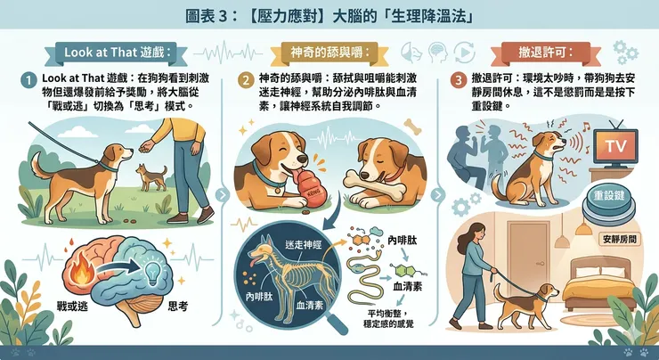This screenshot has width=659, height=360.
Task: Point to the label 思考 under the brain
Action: click(x=180, y=305)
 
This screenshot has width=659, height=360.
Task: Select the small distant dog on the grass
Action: click(x=151, y=177)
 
